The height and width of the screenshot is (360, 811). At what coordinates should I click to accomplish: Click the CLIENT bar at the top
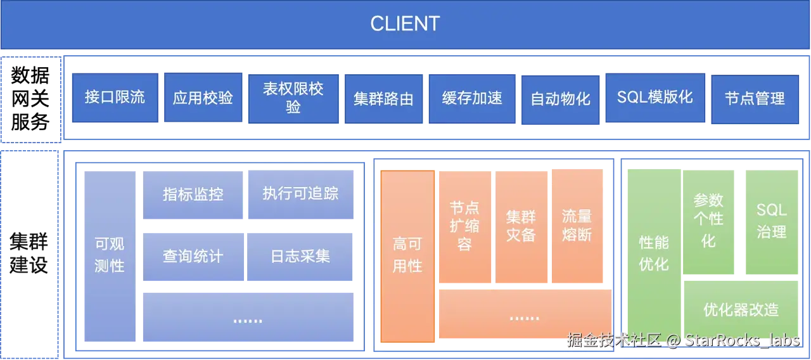tap(405, 24)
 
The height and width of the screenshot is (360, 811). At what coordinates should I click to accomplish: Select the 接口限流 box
tap(115, 98)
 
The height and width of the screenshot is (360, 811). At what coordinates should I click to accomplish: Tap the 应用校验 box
tap(203, 98)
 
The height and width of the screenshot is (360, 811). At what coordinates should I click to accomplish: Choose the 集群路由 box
tap(383, 99)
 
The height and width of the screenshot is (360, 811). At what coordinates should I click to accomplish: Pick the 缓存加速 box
tap(472, 98)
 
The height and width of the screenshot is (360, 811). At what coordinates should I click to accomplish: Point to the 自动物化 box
tap(560, 99)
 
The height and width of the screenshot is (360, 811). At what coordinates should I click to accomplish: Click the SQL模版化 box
tap(655, 98)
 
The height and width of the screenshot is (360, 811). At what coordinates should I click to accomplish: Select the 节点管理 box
tap(755, 99)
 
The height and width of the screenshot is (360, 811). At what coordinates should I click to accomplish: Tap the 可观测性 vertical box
tap(109, 255)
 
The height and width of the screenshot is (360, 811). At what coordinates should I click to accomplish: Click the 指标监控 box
tap(193, 195)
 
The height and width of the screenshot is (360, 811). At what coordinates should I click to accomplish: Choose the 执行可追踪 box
tap(300, 195)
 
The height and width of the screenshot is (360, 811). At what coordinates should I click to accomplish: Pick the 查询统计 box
tap(193, 257)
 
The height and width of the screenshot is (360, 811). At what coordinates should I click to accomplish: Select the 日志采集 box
tap(300, 257)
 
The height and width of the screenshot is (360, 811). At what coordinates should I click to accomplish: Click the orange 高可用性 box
tap(407, 255)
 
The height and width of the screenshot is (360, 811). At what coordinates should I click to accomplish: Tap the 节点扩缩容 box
tap(464, 226)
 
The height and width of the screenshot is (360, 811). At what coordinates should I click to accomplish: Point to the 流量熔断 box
tap(577, 226)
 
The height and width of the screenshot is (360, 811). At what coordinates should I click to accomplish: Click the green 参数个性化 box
tap(708, 221)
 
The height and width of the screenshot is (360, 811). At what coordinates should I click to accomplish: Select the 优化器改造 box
tap(741, 310)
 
